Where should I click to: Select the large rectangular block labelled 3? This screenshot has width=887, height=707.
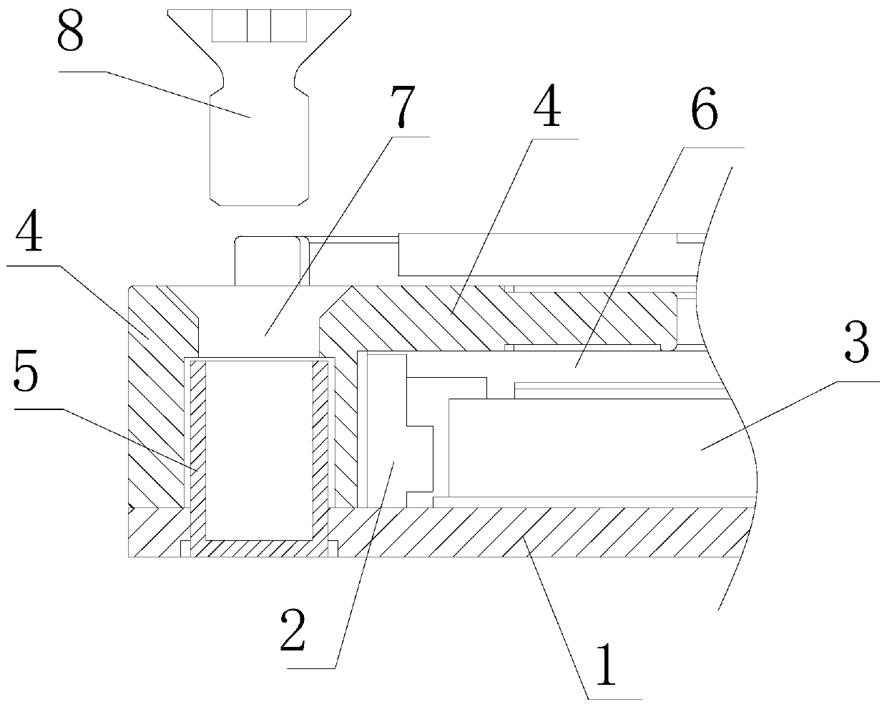tap(587, 447)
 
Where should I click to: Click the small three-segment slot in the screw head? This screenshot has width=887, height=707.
tap(258, 26)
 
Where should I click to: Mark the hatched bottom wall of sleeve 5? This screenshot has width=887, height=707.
tap(259, 548)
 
